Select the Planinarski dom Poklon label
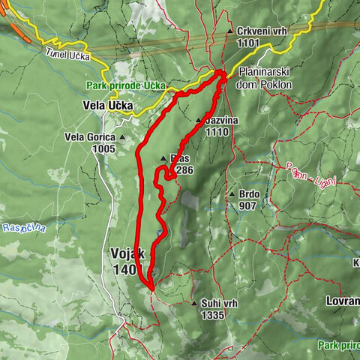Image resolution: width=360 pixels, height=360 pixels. click(266, 78)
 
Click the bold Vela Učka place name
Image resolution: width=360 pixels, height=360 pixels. click(109, 106)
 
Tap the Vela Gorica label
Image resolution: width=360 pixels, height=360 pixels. click(90, 137)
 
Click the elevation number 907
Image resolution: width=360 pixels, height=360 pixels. click(247, 205)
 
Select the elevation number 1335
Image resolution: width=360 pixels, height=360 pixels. click(212, 316)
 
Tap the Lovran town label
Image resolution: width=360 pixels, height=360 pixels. click(342, 299)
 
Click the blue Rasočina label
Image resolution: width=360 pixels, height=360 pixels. click(24, 227)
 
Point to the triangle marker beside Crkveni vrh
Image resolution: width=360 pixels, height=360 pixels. click(229, 31)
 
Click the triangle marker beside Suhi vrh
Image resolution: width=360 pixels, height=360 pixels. click(194, 304)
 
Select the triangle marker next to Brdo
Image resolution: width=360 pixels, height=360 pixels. click(232, 193)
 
